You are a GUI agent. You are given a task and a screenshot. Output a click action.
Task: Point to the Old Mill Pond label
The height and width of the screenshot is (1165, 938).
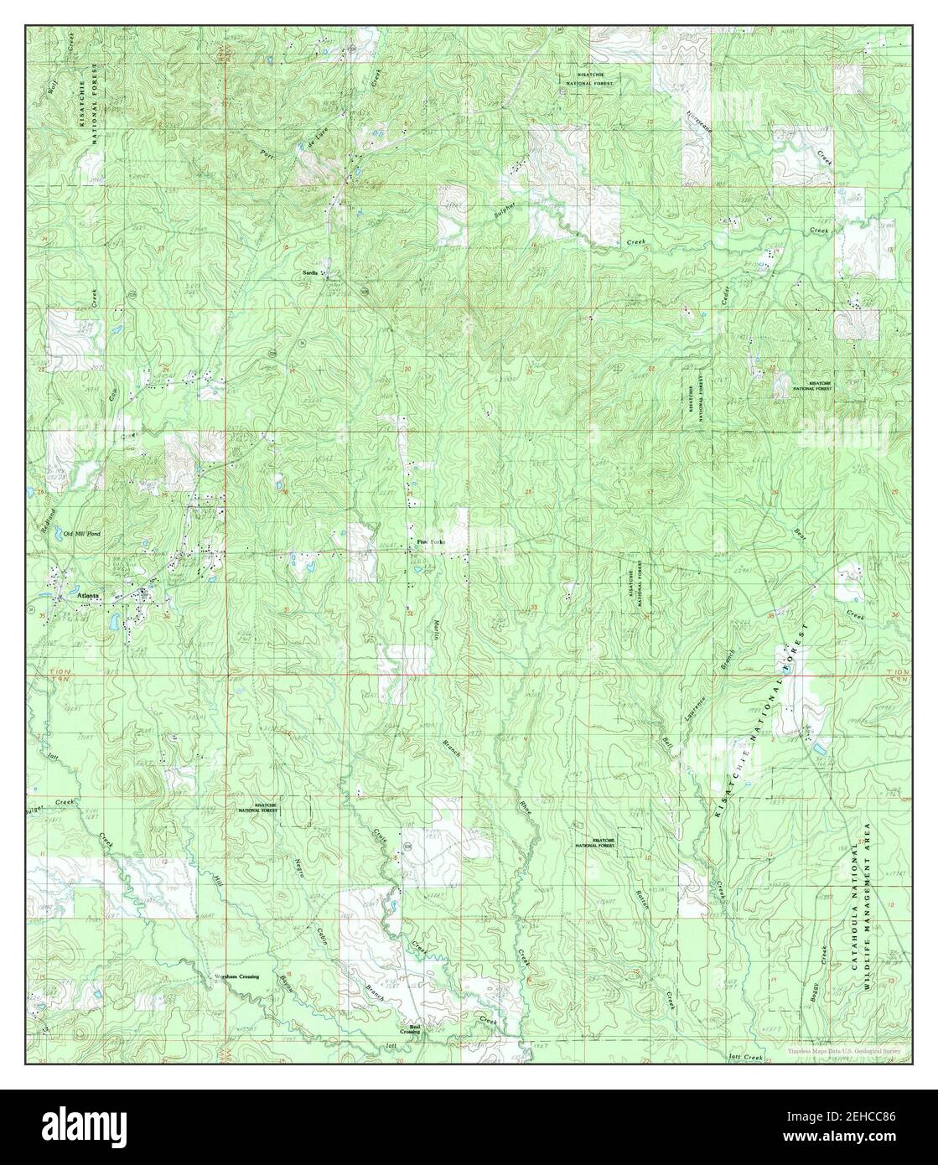(84, 534)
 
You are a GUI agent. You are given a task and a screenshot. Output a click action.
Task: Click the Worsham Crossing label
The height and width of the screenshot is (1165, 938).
(235, 976)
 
